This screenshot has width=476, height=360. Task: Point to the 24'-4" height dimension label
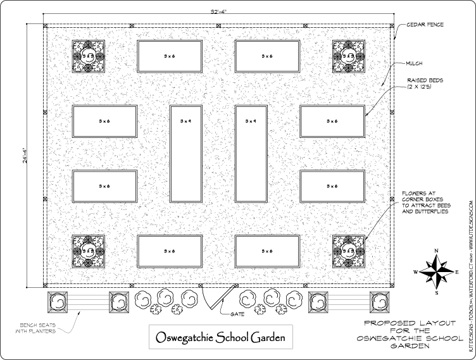coord(25,156)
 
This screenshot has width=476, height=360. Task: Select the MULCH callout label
coord(414,63)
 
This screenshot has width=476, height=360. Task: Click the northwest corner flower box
coord(89,56)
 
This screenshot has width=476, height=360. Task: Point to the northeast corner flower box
coord(349,56)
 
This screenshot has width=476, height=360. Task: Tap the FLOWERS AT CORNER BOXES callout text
coord(425,202)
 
